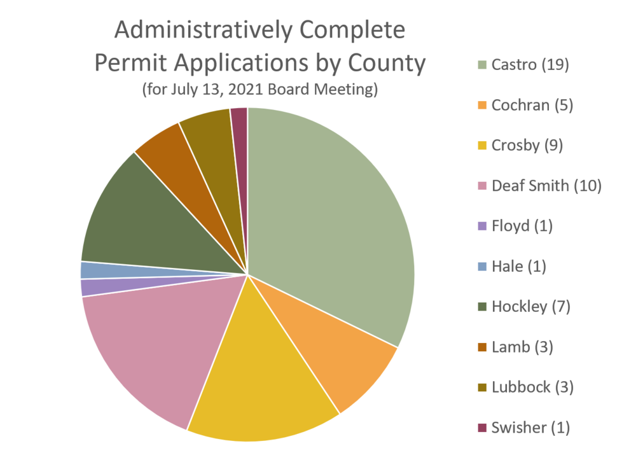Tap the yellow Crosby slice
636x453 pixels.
coord(264,382)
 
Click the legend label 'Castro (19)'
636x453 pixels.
coord(530,65)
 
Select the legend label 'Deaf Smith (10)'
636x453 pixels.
coord(546,186)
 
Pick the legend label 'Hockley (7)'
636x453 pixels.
coord(531,307)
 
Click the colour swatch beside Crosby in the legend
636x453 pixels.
coord(482,146)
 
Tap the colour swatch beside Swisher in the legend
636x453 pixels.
coord(482,428)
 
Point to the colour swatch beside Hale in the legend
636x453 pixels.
coord(482,267)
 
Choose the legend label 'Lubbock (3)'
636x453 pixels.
coord(532,387)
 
